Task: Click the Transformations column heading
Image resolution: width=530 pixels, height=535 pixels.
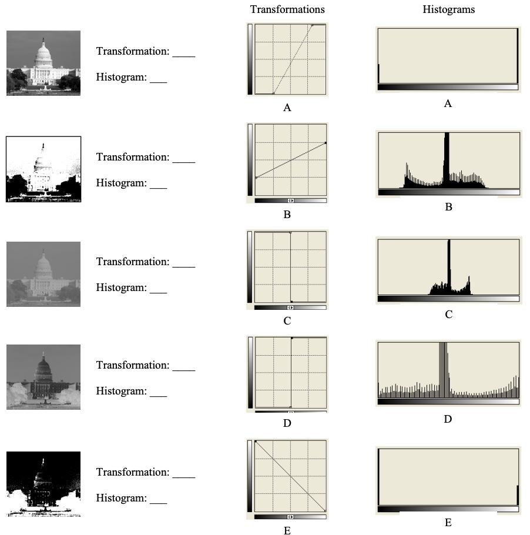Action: click(287, 9)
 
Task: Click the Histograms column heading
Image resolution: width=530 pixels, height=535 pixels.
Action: click(448, 9)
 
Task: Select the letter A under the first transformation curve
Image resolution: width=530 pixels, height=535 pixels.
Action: click(287, 108)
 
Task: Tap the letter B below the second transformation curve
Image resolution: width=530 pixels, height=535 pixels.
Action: click(287, 215)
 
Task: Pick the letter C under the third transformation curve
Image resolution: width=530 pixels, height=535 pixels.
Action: click(287, 321)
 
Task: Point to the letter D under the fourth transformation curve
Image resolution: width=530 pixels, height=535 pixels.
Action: click(287, 423)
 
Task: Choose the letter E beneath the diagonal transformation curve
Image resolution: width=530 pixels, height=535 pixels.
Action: click(287, 530)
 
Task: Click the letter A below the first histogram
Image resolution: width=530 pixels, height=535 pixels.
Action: click(448, 103)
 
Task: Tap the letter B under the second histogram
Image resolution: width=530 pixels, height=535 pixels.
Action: click(448, 207)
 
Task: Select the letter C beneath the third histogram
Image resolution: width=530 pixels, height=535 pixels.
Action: click(448, 315)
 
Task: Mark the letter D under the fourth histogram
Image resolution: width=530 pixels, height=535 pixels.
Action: click(448, 419)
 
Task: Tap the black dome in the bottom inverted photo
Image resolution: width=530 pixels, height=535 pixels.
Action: click(42, 471)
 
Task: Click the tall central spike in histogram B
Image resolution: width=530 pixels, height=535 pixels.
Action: click(447, 159)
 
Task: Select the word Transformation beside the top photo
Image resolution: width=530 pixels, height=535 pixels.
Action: click(133, 51)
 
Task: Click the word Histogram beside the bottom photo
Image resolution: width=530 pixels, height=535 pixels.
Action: click(121, 498)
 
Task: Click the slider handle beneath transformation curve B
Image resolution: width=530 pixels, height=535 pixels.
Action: click(290, 200)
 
